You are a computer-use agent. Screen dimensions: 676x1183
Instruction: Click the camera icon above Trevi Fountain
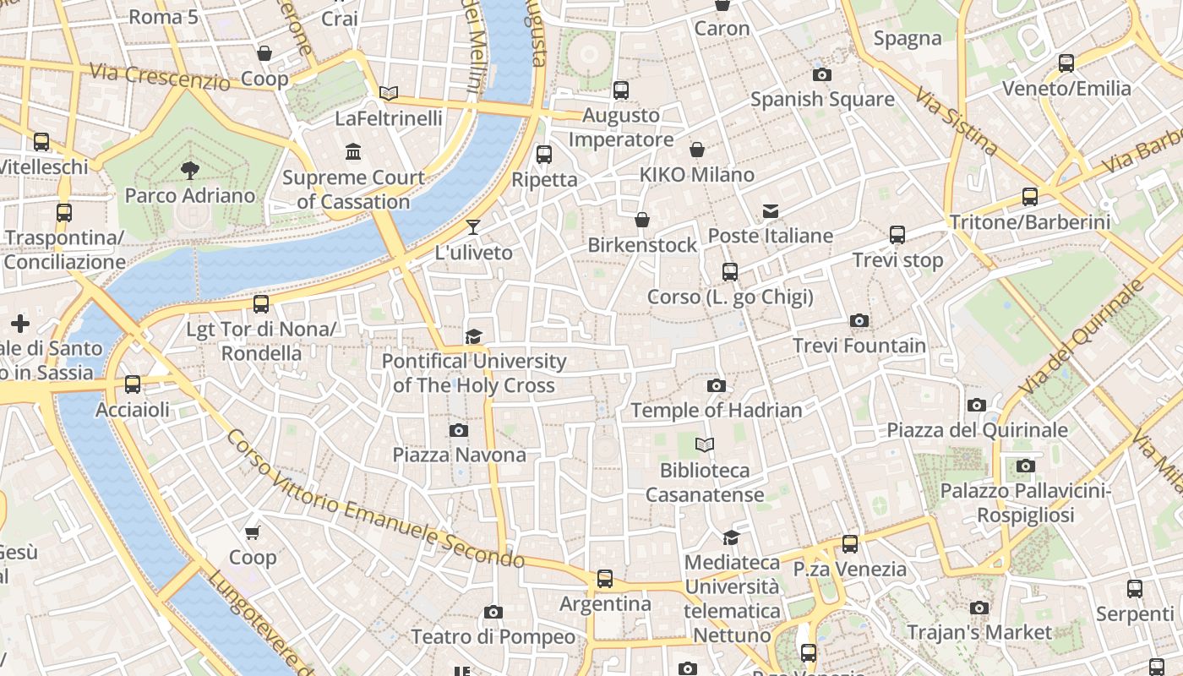click(859, 320)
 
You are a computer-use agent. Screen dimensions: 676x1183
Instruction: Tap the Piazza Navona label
click(459, 455)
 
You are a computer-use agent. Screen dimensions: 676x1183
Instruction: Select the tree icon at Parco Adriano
click(189, 171)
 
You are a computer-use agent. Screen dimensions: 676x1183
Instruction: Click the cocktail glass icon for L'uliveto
click(473, 226)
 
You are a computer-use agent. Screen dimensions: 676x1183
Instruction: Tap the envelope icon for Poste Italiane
click(771, 210)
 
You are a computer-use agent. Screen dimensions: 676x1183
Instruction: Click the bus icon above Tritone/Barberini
click(1029, 196)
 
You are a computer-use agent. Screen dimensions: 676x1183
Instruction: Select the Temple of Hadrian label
click(716, 411)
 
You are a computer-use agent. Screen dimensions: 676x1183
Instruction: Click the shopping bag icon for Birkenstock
click(642, 220)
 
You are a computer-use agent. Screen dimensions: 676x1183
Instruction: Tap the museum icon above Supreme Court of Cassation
click(353, 152)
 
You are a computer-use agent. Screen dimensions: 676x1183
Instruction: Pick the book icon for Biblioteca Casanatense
click(704, 444)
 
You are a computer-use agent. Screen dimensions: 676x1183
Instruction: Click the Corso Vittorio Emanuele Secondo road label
click(375, 499)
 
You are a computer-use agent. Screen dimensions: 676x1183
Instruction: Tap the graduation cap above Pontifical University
click(473, 336)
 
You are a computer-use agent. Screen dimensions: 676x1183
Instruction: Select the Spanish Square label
click(821, 99)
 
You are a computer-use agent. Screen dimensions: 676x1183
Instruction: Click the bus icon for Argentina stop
click(605, 579)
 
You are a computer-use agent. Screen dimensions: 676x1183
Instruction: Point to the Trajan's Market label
click(979, 632)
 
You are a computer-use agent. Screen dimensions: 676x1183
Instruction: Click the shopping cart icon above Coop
click(252, 532)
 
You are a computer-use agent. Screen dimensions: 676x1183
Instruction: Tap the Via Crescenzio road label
click(159, 77)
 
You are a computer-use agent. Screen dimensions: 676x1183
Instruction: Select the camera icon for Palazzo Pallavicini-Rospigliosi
click(1025, 466)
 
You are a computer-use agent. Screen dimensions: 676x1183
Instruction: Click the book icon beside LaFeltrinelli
click(389, 93)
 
